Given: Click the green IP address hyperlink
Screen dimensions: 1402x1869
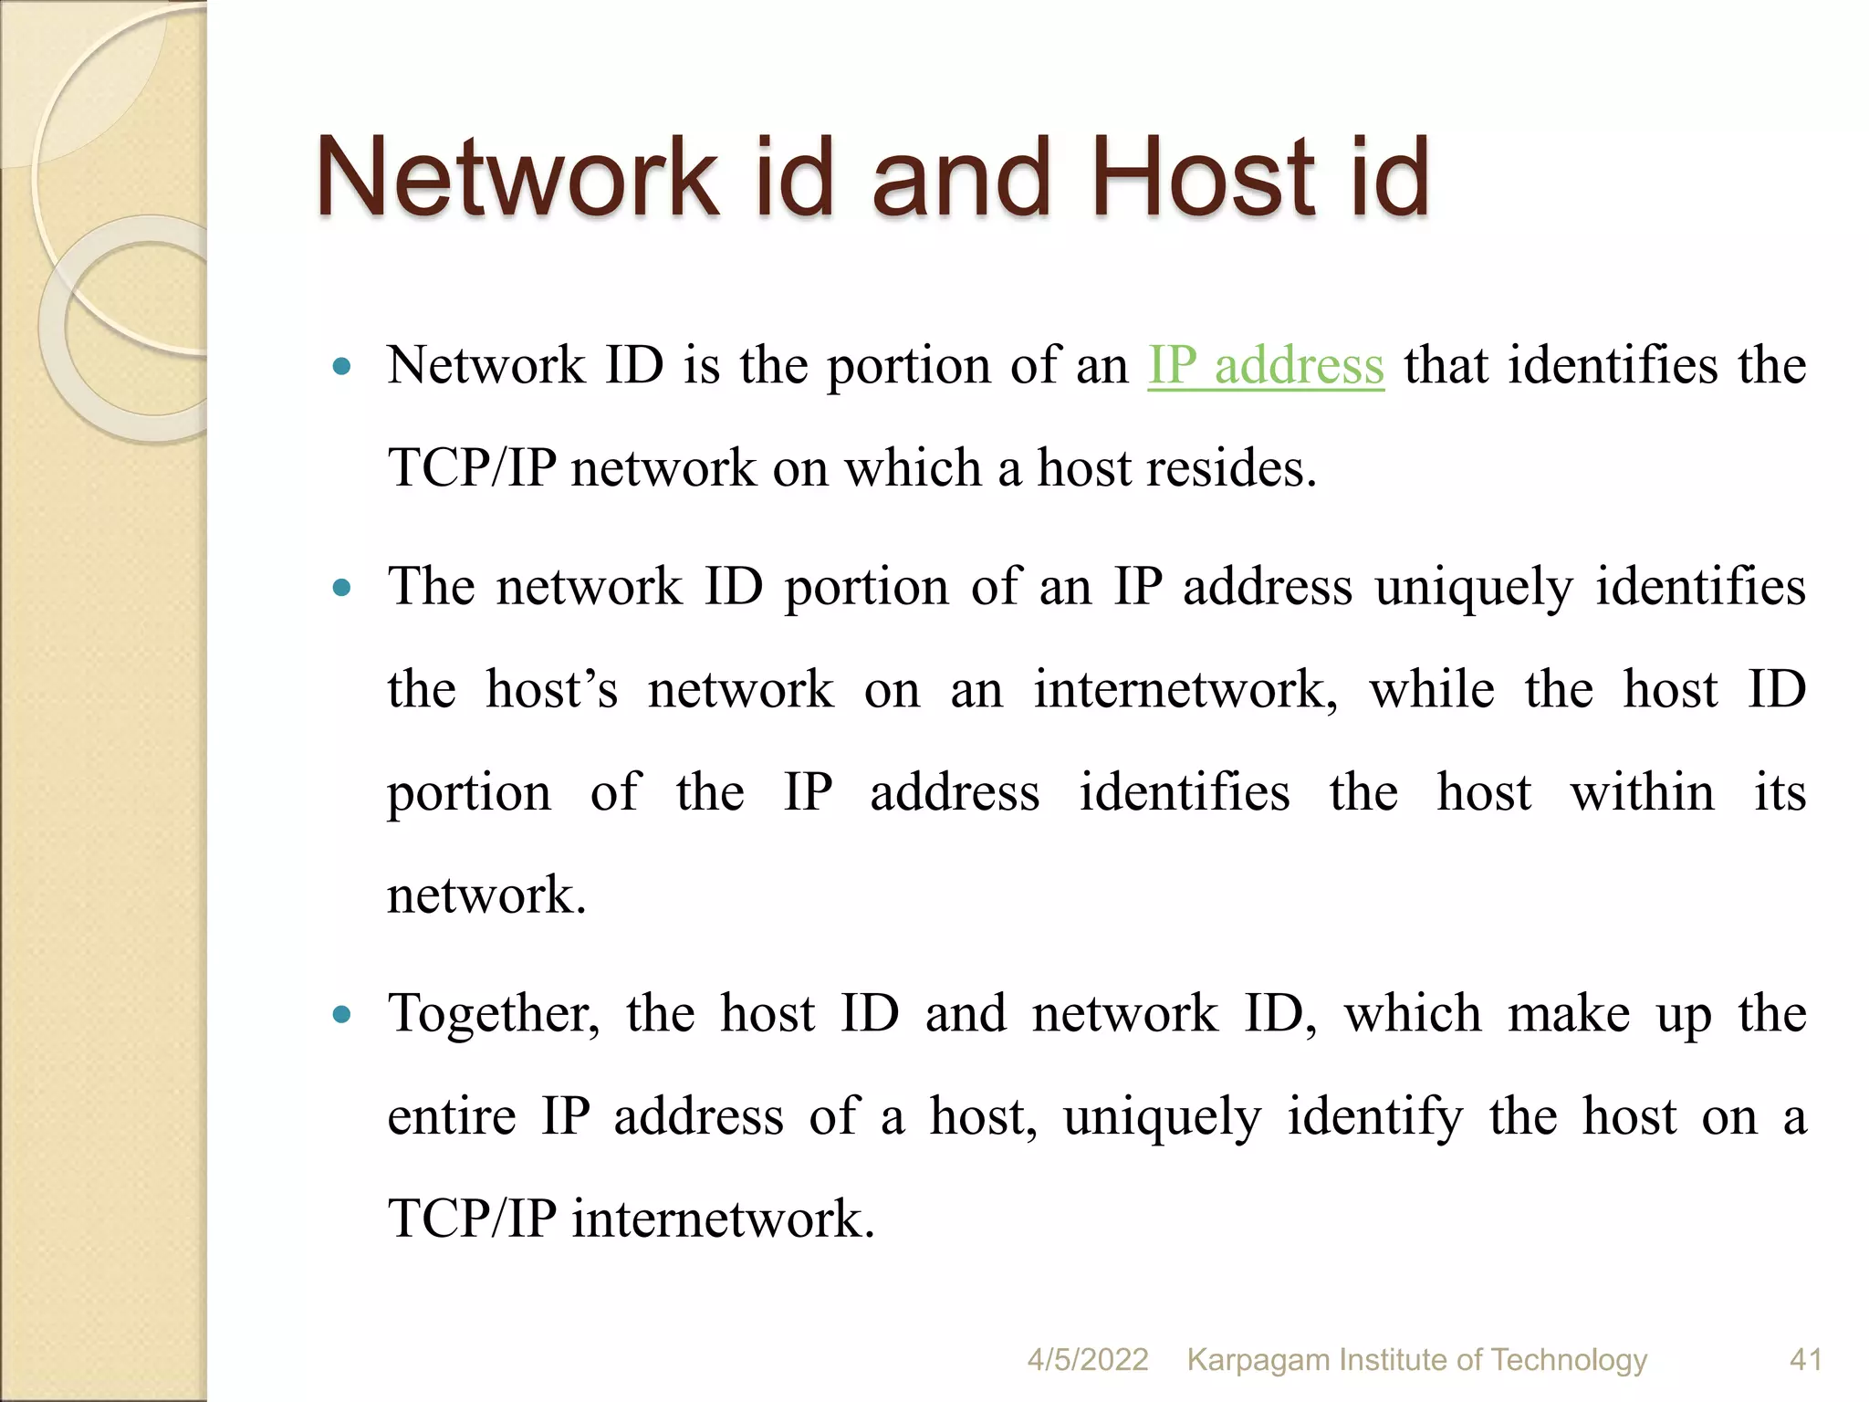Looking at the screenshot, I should pos(1265,366).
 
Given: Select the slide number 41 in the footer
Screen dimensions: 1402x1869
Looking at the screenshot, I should pos(1806,1359).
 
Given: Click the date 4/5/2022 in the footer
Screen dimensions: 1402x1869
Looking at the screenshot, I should pos(1087,1359).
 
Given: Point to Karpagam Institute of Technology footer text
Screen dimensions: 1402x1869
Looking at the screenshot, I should pos(1416,1359).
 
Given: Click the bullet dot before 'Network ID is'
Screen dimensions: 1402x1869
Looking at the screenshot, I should pos(342,367).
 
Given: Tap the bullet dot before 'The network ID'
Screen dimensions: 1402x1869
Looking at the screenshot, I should pos(342,588).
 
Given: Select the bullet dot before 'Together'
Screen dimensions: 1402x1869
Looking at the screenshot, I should pos(342,1014).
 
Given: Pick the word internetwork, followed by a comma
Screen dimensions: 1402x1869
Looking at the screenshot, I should pos(1185,689).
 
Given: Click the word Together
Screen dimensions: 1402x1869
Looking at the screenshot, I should pos(494,1014).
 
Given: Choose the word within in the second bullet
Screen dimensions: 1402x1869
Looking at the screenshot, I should pos(1642,791).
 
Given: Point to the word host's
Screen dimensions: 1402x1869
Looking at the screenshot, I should pos(551,689).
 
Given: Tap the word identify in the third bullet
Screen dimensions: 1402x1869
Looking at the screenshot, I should pos(1374,1116).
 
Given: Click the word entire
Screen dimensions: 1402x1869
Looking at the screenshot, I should pos(451,1116).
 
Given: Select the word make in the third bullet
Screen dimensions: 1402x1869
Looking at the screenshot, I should pos(1568,1014).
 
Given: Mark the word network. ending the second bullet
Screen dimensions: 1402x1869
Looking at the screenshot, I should pos(486,895).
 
